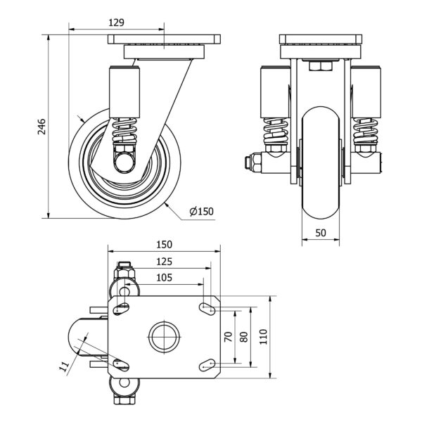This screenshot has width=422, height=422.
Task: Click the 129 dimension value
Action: (116, 23)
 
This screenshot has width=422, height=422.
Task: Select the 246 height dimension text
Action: (41, 127)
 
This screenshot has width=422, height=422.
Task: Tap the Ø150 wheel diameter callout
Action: (202, 211)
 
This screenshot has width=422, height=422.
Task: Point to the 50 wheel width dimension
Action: (321, 233)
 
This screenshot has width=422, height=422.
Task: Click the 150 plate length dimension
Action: (164, 244)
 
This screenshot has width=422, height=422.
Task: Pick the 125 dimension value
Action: (164, 262)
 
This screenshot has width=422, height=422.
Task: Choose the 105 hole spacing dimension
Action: (164, 278)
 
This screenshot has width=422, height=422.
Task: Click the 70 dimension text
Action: (228, 337)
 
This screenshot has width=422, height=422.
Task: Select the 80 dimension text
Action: (243, 337)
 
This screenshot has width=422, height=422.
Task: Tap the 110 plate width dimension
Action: (263, 337)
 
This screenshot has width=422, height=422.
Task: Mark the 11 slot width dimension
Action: (64, 366)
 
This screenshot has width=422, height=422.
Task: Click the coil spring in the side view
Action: (124, 130)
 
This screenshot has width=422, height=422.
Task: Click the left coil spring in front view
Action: (275, 132)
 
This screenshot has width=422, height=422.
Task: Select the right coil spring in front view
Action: (366, 132)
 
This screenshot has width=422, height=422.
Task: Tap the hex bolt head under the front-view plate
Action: (321, 66)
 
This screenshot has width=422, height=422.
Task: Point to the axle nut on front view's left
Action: (252, 162)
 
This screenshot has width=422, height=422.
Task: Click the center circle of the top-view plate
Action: (164, 337)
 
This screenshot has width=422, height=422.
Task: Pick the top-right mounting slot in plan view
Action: (207, 309)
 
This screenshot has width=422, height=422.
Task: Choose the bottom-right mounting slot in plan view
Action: (207, 365)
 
